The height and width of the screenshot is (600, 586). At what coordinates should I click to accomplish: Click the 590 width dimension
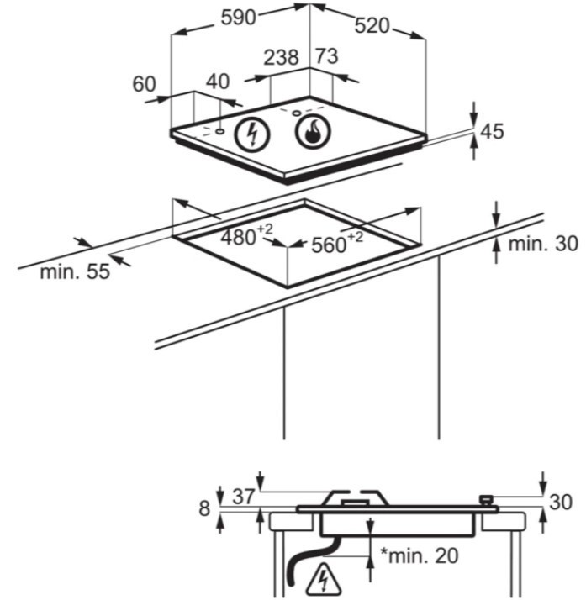[237, 18]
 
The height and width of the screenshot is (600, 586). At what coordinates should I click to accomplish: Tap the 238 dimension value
[281, 58]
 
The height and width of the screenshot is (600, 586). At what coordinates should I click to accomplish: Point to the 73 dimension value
[326, 58]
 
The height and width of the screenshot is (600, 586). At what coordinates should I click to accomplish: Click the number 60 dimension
[145, 83]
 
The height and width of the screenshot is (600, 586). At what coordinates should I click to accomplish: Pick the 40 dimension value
[218, 82]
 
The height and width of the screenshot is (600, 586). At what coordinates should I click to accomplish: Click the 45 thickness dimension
[493, 131]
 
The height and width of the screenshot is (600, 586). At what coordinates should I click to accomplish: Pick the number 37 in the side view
[243, 496]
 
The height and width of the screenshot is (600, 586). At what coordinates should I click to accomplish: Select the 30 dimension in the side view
[562, 503]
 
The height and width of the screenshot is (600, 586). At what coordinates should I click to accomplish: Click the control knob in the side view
[485, 501]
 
